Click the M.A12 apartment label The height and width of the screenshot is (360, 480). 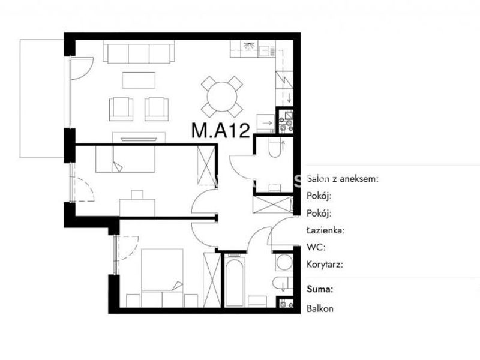[221, 130]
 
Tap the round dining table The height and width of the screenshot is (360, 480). [222, 97]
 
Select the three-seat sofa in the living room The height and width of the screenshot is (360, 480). [139, 52]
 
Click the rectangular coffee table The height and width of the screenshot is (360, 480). [139, 80]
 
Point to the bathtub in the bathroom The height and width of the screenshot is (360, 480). [235, 281]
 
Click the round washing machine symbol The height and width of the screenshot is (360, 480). [284, 262]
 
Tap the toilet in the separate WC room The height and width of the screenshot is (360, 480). [275, 147]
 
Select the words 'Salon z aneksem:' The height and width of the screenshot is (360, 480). [343, 179]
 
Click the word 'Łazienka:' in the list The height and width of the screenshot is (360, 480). [326, 230]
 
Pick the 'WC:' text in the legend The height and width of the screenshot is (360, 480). [316, 247]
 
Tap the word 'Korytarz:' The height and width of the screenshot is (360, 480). [325, 265]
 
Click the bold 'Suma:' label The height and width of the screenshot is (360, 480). [320, 289]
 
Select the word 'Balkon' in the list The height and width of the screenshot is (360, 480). [320, 308]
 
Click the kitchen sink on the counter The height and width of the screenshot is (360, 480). [266, 51]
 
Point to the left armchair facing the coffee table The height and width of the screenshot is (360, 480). [121, 109]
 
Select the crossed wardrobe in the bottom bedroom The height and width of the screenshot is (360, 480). [212, 280]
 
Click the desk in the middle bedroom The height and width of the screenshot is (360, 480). [137, 207]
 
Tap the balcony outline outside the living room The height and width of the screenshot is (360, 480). [20, 98]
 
